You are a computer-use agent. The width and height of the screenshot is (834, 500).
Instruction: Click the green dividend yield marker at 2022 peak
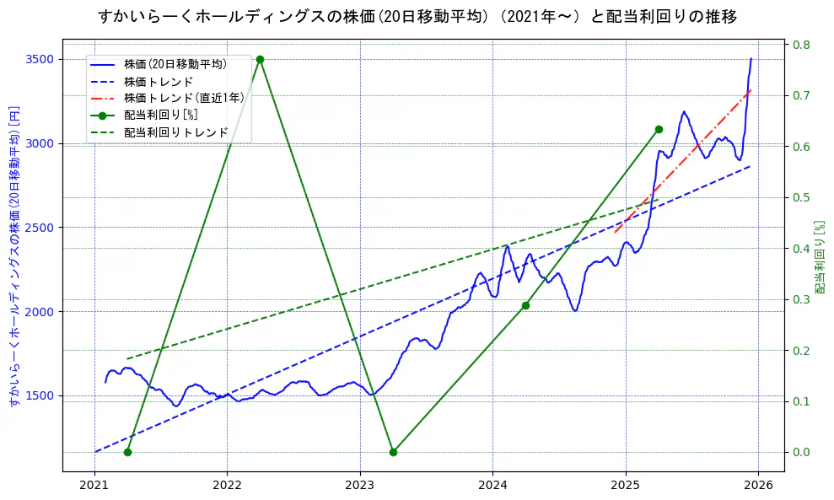tap(260, 59)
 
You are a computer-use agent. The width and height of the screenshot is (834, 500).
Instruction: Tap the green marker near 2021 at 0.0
tap(127, 452)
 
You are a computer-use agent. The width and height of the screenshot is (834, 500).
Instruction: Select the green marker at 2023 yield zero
tap(393, 452)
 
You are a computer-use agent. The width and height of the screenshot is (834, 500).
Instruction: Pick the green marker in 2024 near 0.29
tap(525, 305)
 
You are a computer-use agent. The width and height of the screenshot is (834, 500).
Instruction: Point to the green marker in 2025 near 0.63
tap(659, 129)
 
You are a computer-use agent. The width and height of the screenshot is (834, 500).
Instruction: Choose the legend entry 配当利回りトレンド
tap(175, 132)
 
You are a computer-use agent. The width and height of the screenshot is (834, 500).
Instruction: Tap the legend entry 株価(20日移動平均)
tap(175, 63)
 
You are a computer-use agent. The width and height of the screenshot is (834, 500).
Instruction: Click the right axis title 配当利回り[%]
tap(820, 257)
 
